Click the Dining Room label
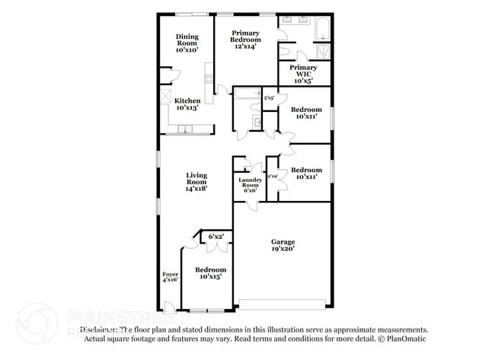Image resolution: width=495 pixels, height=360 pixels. (x=187, y=43)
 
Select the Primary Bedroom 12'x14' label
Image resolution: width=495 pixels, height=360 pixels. (x=245, y=40)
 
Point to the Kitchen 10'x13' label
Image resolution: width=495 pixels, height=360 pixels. (x=187, y=105)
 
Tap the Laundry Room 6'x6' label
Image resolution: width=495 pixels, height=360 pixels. (x=251, y=185)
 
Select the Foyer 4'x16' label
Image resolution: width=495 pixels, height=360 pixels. (x=169, y=276)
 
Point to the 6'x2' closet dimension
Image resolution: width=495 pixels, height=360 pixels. (x=216, y=237)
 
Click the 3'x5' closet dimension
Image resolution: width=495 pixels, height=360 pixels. (x=268, y=97)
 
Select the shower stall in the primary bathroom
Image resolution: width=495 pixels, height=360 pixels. (x=324, y=52)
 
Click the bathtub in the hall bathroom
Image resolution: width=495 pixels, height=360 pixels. (x=246, y=94)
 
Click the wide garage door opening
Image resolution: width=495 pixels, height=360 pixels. (x=283, y=304)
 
